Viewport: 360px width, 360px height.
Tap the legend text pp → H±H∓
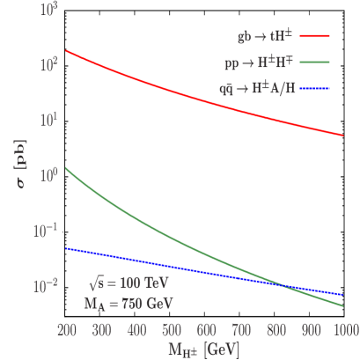258,63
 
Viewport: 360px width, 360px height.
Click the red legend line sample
315,37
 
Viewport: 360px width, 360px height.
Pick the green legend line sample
315,63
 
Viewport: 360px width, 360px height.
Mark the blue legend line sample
315,89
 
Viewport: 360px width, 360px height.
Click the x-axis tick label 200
67,328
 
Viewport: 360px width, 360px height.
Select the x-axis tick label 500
172,328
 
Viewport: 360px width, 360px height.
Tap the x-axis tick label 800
276,328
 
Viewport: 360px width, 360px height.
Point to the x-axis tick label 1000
344,328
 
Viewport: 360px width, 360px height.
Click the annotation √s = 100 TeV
129,284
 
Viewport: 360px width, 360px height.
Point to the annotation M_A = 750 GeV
129,302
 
